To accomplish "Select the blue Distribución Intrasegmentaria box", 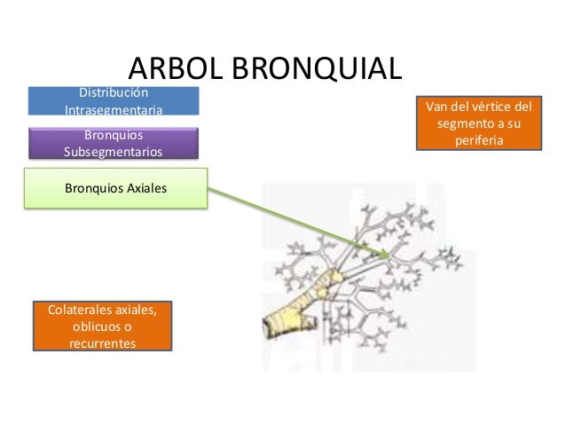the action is click(114, 101).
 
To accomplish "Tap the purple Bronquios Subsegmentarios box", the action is click(113, 143).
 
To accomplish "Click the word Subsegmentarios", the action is click(113, 152).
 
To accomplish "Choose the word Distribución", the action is click(114, 92).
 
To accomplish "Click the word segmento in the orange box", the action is click(466, 124).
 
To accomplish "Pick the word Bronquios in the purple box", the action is click(113, 135).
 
